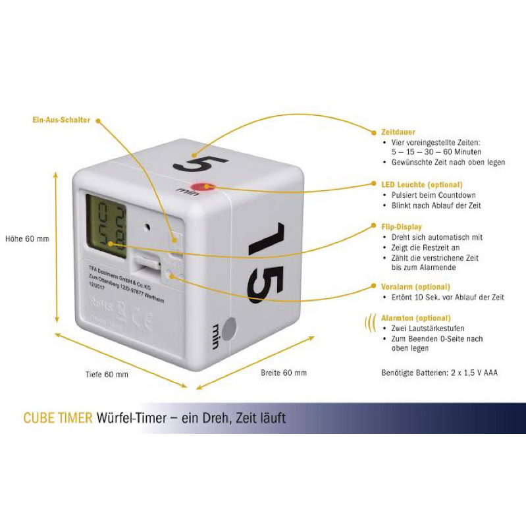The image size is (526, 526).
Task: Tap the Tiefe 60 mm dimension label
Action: pyautogui.click(x=107, y=375)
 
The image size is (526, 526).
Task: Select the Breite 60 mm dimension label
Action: pyautogui.click(x=283, y=373)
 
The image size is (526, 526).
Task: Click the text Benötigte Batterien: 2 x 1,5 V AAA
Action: pyautogui.click(x=440, y=373)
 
